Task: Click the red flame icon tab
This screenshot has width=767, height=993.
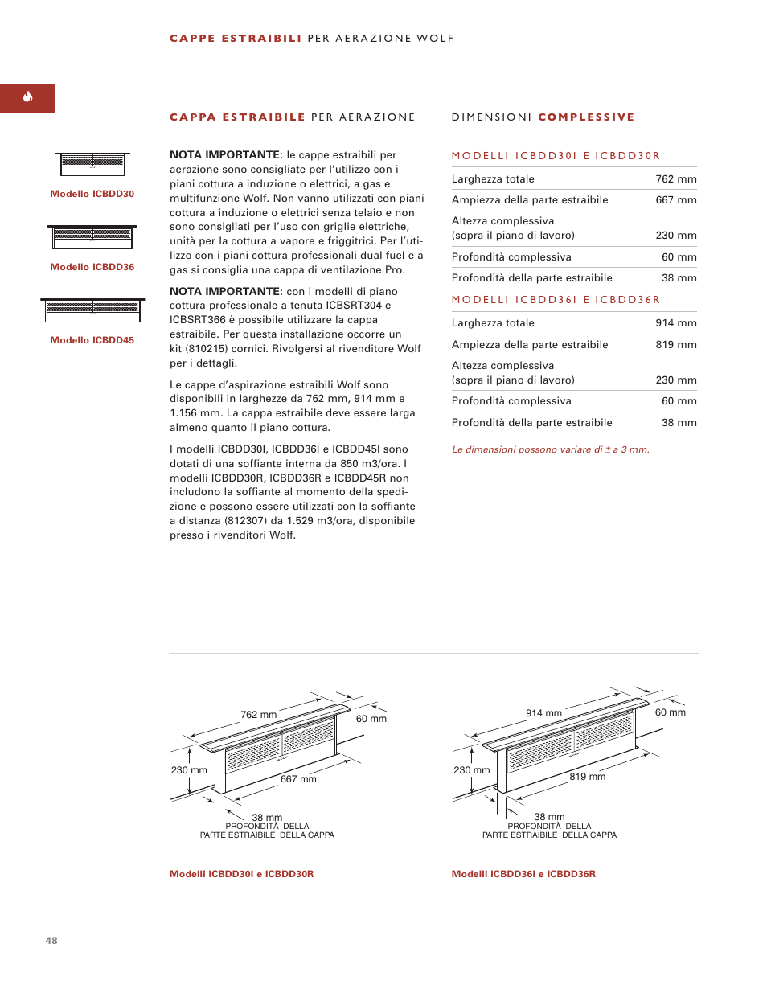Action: pyautogui.click(x=27, y=97)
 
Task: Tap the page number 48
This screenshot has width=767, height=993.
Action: pyautogui.click(x=51, y=940)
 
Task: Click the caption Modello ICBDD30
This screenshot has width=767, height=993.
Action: pyautogui.click(x=92, y=194)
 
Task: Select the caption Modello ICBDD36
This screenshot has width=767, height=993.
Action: pyautogui.click(x=92, y=267)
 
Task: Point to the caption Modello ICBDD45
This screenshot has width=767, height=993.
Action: pyautogui.click(x=92, y=340)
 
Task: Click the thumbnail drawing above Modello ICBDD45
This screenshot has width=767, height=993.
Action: pyautogui.click(x=92, y=309)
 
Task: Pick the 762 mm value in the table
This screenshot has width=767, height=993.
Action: pyautogui.click(x=675, y=179)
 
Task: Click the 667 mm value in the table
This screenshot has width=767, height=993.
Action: pyautogui.click(x=675, y=200)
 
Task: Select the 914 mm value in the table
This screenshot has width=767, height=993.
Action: pyautogui.click(x=675, y=323)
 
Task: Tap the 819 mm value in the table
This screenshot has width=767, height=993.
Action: pyautogui.click(x=675, y=345)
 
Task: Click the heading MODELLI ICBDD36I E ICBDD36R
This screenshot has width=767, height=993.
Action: pyautogui.click(x=556, y=300)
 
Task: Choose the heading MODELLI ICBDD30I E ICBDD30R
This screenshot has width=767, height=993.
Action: pyautogui.click(x=556, y=156)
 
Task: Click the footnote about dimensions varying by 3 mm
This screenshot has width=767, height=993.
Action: pyautogui.click(x=550, y=449)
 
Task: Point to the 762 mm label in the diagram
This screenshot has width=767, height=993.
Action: pyautogui.click(x=258, y=715)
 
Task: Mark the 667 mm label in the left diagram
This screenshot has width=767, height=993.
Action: pyautogui.click(x=298, y=779)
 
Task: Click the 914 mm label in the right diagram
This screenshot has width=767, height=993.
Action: pyautogui.click(x=543, y=713)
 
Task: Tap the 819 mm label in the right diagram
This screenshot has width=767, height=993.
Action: pyautogui.click(x=587, y=777)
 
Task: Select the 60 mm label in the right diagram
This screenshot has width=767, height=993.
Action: pyautogui.click(x=670, y=712)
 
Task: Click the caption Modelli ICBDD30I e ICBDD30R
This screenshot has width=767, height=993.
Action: pyautogui.click(x=241, y=874)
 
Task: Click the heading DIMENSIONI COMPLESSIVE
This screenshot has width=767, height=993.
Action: pyautogui.click(x=543, y=117)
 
